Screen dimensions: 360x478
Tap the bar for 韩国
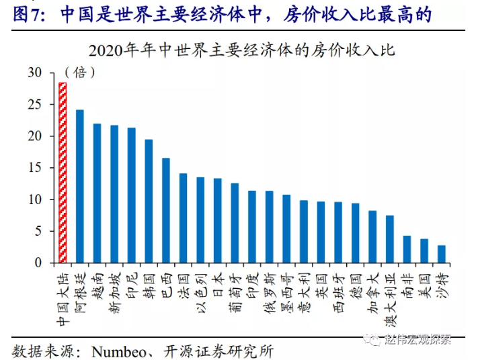[x=149, y=201]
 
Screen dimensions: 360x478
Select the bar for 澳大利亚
[x=389, y=239]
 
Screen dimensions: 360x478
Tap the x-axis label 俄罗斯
[x=268, y=287]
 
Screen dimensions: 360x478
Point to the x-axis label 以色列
[x=200, y=288]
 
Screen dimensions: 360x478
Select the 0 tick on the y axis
[x=38, y=263]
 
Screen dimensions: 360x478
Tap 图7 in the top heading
[x=26, y=13]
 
